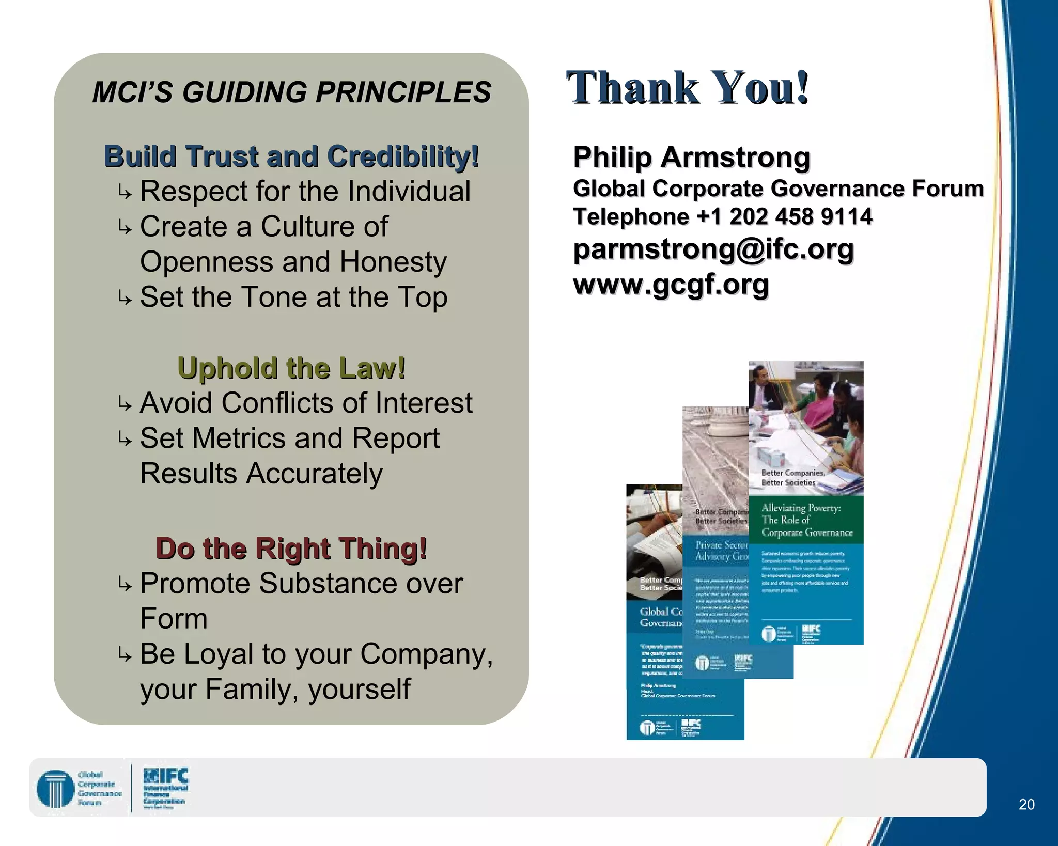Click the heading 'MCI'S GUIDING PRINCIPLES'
pyautogui.click(x=291, y=92)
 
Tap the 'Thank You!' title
pyautogui.click(x=687, y=88)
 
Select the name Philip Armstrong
pyautogui.click(x=691, y=157)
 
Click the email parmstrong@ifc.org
pyautogui.click(x=713, y=249)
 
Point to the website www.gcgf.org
pyautogui.click(x=671, y=284)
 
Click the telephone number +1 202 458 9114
pyautogui.click(x=784, y=216)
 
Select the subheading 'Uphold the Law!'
pyautogui.click(x=291, y=368)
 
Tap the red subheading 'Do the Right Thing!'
pyautogui.click(x=291, y=548)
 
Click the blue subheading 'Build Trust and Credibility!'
pyautogui.click(x=291, y=156)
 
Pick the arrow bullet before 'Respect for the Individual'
pyautogui.click(x=124, y=193)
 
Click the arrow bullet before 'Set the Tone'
pyautogui.click(x=124, y=298)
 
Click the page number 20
pyautogui.click(x=1026, y=804)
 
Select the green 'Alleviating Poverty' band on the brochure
pyautogui.click(x=806, y=520)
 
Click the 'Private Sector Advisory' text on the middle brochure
pyautogui.click(x=720, y=551)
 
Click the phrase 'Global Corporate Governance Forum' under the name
pyautogui.click(x=778, y=189)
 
